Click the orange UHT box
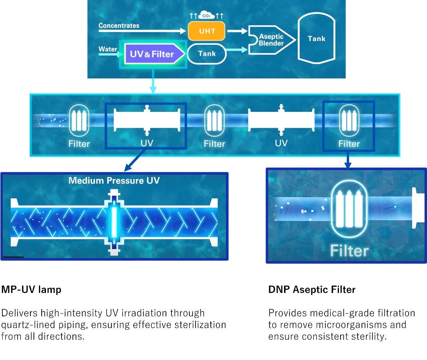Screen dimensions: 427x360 [207, 31]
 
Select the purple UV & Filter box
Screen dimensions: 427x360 [154, 54]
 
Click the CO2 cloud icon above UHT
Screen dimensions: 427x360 [206, 16]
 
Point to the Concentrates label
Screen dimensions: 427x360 [119, 26]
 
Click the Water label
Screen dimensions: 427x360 [108, 49]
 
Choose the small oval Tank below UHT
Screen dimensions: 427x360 [207, 54]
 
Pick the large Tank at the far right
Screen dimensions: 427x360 [316, 38]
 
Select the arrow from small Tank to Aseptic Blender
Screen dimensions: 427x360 [237, 49]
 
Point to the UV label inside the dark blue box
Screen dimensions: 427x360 [147, 143]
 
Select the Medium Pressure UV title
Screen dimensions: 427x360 [114, 180]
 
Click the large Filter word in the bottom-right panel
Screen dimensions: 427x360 [349, 251]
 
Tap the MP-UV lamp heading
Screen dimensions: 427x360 [31, 289]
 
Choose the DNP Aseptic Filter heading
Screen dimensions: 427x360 [312, 289]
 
